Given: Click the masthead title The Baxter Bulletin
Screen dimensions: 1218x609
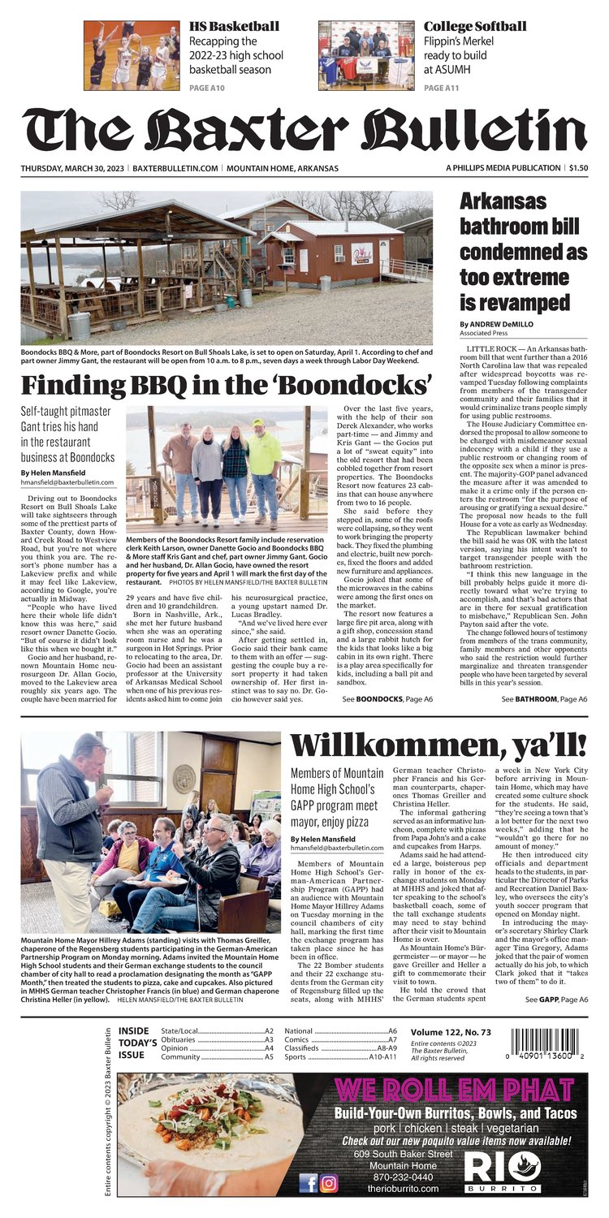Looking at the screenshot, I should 304,130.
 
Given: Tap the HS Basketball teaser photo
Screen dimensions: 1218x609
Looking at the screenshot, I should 132,55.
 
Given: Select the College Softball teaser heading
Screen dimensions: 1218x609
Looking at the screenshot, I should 474,26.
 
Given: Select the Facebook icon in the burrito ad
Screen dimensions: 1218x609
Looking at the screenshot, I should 309,1183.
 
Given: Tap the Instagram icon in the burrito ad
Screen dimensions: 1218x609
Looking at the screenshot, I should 329,1183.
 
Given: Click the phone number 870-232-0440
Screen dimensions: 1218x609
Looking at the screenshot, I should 387,1177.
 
